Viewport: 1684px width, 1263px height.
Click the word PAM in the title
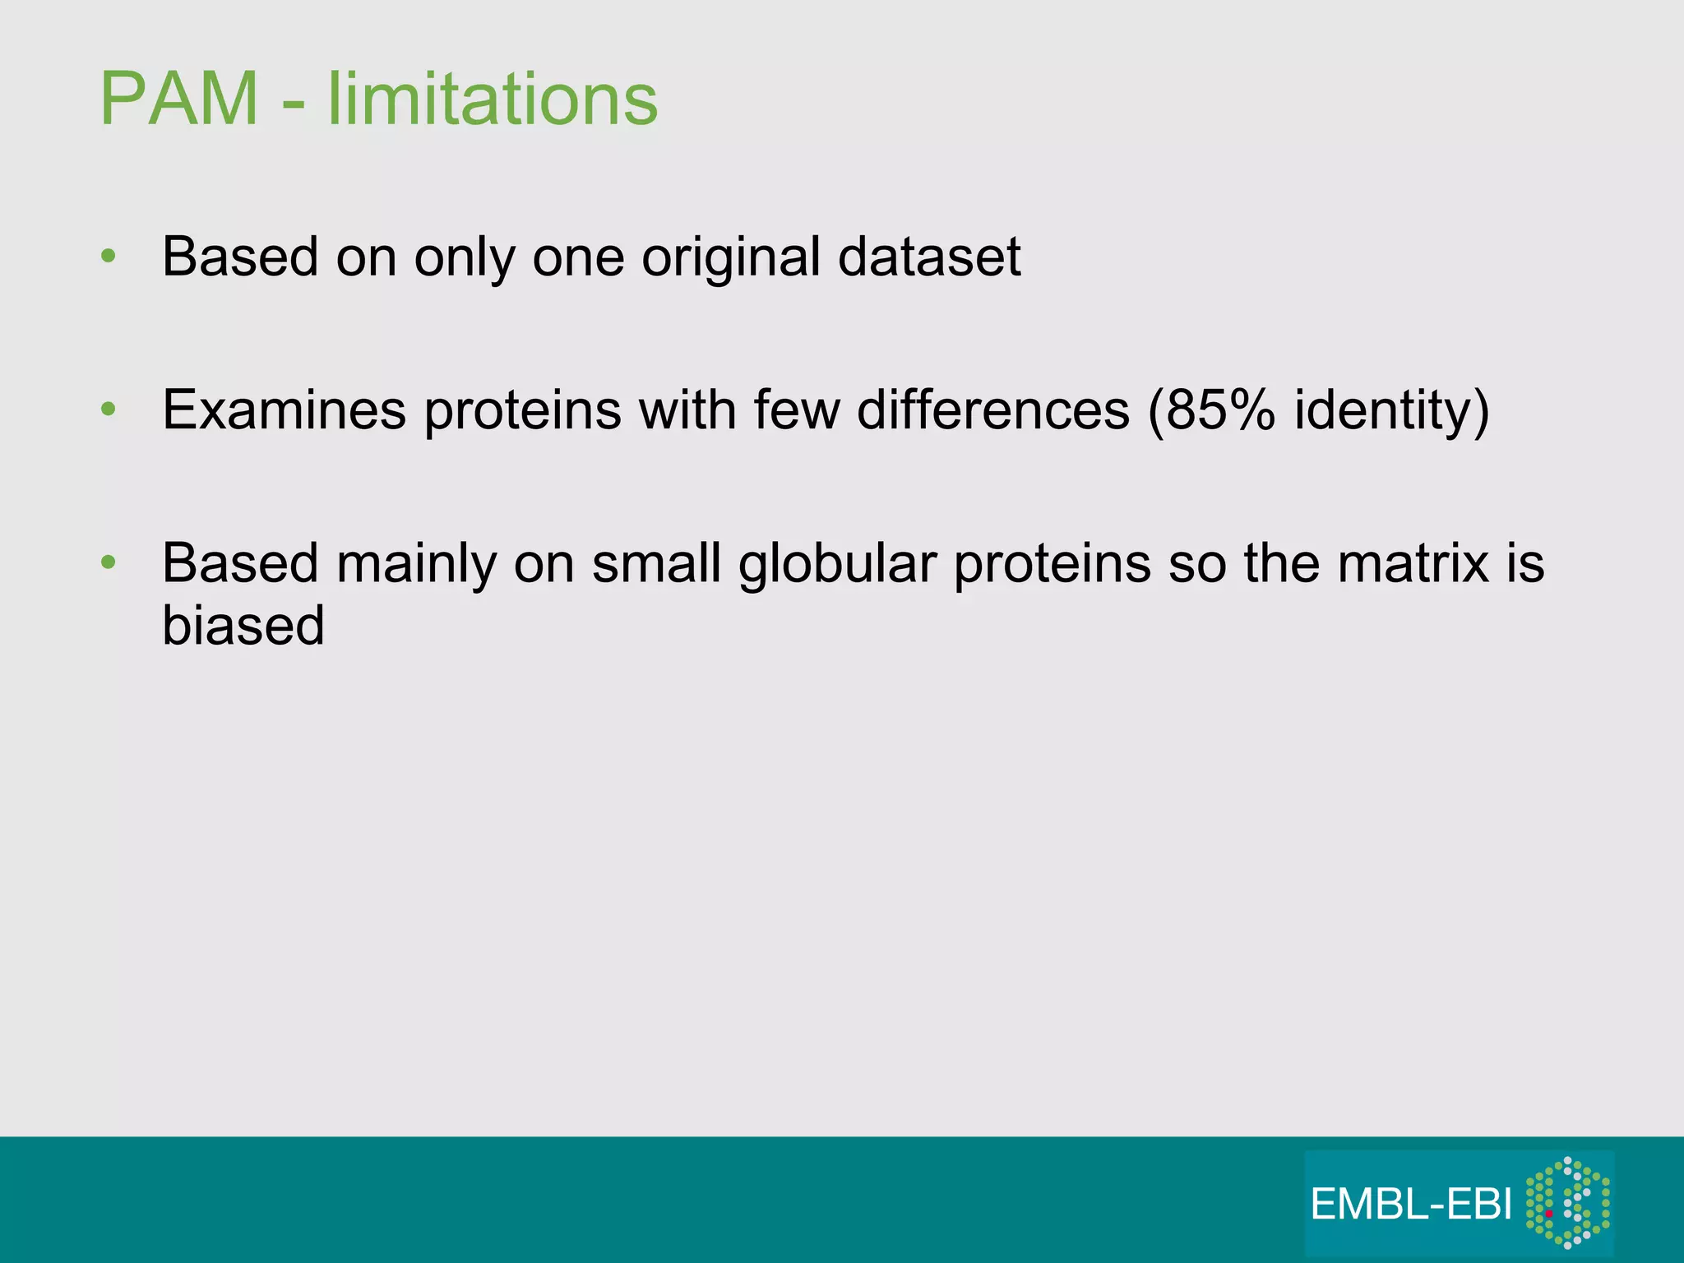point(179,99)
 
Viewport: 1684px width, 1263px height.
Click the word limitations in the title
point(493,99)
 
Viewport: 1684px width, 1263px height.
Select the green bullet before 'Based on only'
point(108,257)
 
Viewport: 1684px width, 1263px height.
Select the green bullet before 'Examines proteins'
point(108,409)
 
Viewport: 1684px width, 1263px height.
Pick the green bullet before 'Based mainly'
point(108,562)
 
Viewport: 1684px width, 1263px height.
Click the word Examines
point(284,409)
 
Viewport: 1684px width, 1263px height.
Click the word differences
point(992,409)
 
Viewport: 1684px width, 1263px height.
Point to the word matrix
point(1413,564)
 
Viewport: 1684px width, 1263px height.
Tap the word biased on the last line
point(243,626)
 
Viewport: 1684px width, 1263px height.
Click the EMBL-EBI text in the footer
point(1411,1205)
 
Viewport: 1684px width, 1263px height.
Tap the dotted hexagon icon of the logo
point(1567,1202)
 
